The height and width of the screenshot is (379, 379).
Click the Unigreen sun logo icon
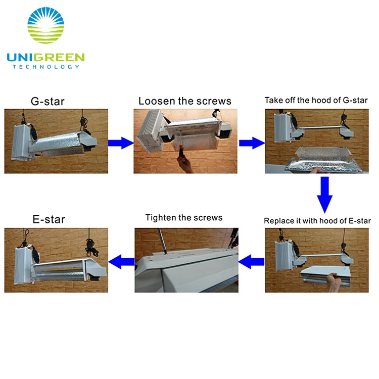(x=45, y=25)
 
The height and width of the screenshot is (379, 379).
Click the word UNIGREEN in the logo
(x=45, y=58)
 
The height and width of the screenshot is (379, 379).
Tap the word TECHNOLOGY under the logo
(x=46, y=67)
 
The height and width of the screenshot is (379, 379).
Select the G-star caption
(x=48, y=101)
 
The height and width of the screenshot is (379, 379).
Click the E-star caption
(x=49, y=219)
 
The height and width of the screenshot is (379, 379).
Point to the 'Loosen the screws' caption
(x=185, y=101)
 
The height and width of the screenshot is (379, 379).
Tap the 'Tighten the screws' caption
(x=184, y=217)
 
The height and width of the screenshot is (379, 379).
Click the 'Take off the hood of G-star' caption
(x=316, y=100)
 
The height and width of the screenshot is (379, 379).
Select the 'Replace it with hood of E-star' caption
(x=317, y=221)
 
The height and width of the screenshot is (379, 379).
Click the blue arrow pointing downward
(x=324, y=195)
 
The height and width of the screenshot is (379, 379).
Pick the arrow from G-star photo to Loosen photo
(x=121, y=143)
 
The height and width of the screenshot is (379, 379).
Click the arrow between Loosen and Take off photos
(x=252, y=143)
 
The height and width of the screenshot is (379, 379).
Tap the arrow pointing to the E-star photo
(x=121, y=262)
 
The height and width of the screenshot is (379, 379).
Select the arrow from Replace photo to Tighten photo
(x=251, y=262)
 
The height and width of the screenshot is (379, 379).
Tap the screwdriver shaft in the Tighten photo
(x=162, y=241)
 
